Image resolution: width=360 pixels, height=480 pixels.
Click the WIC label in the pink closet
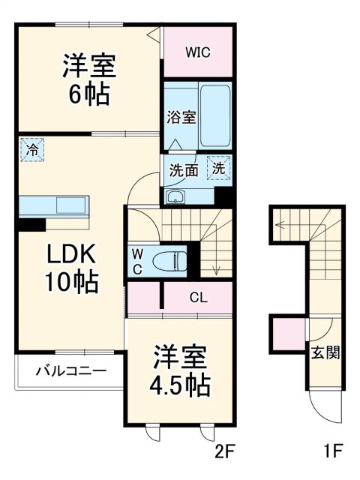click(x=199, y=52)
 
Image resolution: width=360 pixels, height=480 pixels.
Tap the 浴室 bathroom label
click(x=181, y=117)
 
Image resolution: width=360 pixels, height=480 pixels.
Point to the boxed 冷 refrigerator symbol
click(x=32, y=149)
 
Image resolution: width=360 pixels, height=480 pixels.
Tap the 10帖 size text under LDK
click(x=71, y=282)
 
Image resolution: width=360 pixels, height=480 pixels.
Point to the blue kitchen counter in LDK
click(x=54, y=205)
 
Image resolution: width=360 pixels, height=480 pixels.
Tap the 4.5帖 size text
click(x=181, y=385)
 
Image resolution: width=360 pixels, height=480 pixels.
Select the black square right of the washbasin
click(x=222, y=195)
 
